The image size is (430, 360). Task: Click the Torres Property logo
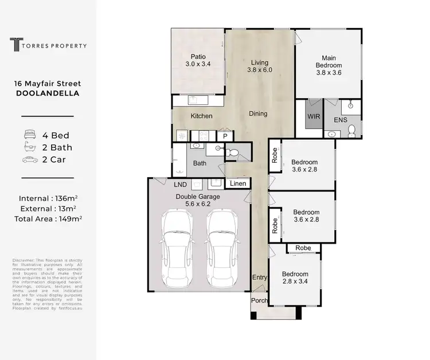click(48, 44)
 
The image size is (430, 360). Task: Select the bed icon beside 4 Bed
click(29, 135)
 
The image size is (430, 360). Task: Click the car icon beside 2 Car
click(29, 159)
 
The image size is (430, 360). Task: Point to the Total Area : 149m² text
click(48, 219)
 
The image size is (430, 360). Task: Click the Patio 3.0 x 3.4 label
click(198, 61)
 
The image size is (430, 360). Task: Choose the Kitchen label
click(202, 116)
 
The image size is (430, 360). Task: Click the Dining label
click(258, 114)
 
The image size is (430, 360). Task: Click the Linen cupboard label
click(239, 183)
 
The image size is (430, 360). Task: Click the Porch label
click(259, 300)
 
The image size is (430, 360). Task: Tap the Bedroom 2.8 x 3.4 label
click(295, 278)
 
